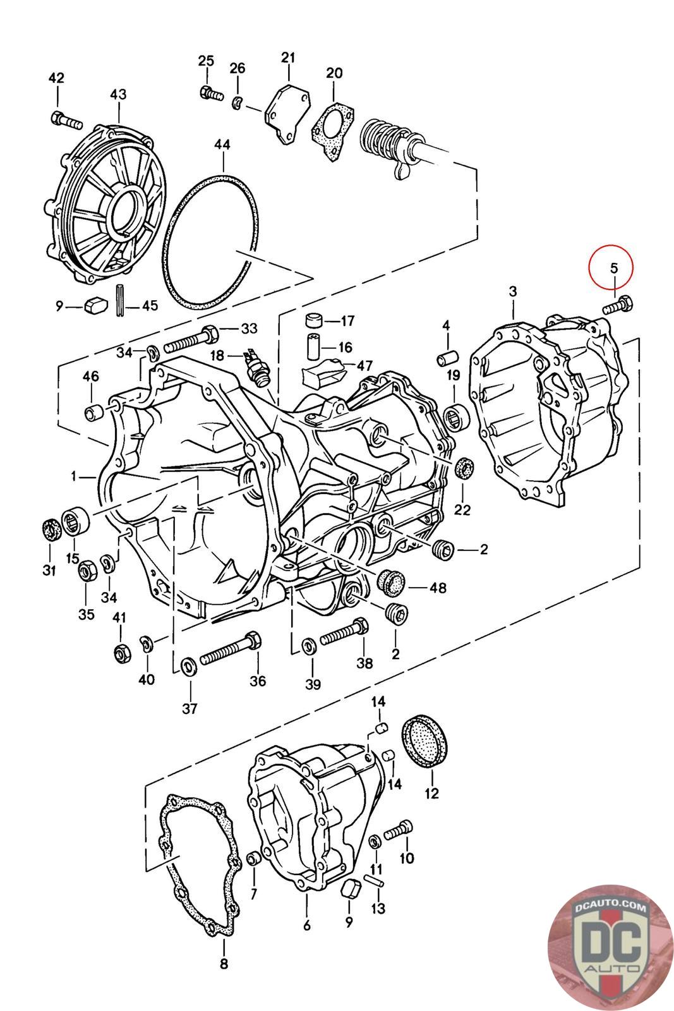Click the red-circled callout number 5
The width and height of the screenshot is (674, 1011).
(x=613, y=268)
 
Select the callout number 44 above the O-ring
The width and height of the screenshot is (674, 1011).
(x=222, y=145)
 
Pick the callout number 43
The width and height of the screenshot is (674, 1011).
(x=118, y=94)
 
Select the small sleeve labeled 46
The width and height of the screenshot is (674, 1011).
(x=93, y=412)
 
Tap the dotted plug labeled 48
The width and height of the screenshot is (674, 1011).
(x=390, y=582)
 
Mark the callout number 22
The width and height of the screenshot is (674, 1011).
(x=462, y=509)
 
